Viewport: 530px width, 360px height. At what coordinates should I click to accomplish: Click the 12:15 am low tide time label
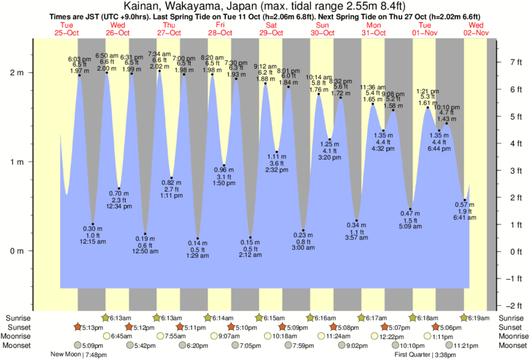pyautogui.click(x=93, y=242)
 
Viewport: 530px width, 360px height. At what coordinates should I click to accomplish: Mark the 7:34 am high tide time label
pyautogui.click(x=159, y=54)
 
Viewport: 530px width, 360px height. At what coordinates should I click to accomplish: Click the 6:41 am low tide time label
pyautogui.click(x=465, y=218)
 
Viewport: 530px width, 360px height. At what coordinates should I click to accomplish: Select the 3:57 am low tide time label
pyautogui.click(x=357, y=238)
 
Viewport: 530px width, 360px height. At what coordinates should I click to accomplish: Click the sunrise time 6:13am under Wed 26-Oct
pyautogui.click(x=118, y=319)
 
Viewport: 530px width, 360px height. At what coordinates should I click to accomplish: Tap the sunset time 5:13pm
pyautogui.click(x=93, y=327)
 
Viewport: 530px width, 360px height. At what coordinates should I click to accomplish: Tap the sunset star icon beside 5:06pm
pyautogui.click(x=436, y=327)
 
